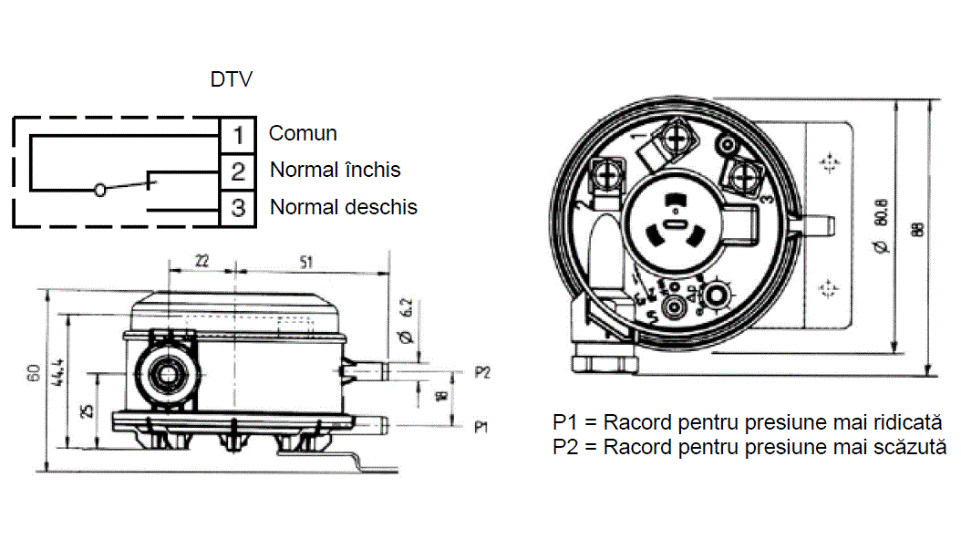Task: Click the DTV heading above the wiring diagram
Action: point(232,79)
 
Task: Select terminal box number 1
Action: point(238,135)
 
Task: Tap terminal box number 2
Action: point(238,171)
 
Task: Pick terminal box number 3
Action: point(238,208)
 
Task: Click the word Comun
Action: point(303,133)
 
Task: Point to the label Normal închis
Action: point(335,170)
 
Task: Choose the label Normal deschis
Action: point(343,207)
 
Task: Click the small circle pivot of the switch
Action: point(100,190)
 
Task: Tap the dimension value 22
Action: point(201,261)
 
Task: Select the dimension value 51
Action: point(306,261)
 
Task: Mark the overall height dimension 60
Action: point(34,374)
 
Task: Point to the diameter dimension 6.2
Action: point(408,320)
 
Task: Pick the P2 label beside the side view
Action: point(483,372)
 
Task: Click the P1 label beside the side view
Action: point(483,426)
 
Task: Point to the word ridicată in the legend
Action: point(904,424)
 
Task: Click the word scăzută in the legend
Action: point(908,448)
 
